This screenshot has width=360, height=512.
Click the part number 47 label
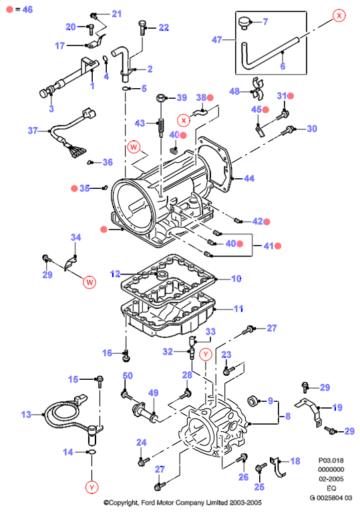216,40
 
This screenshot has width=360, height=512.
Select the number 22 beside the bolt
164,27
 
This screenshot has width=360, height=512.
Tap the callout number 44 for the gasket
249,178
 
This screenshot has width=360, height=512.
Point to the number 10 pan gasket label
236,278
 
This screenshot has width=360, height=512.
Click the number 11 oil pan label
238,308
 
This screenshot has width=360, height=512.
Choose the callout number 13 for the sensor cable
26,415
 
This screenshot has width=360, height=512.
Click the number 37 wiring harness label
33,131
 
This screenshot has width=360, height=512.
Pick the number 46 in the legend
27,9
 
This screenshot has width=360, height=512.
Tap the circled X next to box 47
339,15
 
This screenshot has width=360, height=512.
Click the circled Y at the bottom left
92,487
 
